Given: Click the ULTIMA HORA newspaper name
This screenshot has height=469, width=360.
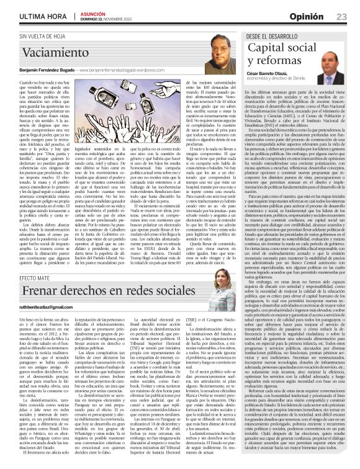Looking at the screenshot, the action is (x=44, y=16).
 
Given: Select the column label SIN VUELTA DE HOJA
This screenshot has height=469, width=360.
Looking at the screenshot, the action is (x=47, y=36).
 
